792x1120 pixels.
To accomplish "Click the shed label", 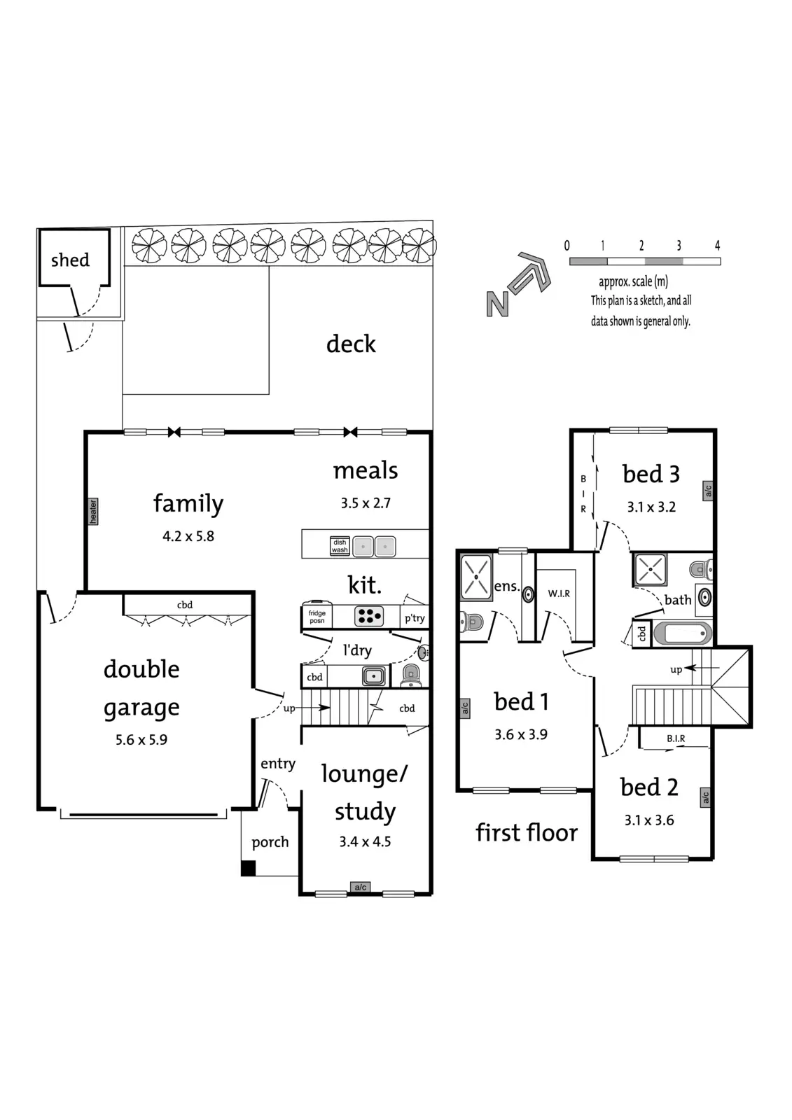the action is (70, 260).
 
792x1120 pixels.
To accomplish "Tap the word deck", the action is (351, 344).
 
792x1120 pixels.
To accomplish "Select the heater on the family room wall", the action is (93, 511).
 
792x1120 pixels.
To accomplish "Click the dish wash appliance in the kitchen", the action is (340, 546).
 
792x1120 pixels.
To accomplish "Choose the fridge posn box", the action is (317, 617).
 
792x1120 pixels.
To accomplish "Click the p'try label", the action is (415, 618).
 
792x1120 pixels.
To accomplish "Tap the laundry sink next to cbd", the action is (373, 676).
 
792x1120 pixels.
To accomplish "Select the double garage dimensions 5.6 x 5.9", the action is (141, 739).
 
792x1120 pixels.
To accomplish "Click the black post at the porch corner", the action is (248, 868).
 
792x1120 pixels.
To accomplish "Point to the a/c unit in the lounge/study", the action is (361, 888).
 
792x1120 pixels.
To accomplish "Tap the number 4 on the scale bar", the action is (717, 246).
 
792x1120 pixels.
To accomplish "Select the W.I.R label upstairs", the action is (559, 594).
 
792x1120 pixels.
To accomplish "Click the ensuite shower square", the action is (476, 577).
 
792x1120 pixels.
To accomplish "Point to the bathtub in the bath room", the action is (683, 633).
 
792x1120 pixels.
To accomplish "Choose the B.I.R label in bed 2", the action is (676, 738).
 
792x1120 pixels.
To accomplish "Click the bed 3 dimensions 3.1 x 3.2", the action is (651, 507).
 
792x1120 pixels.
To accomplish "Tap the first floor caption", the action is (527, 832).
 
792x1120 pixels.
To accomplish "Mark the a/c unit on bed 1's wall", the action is (465, 708).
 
